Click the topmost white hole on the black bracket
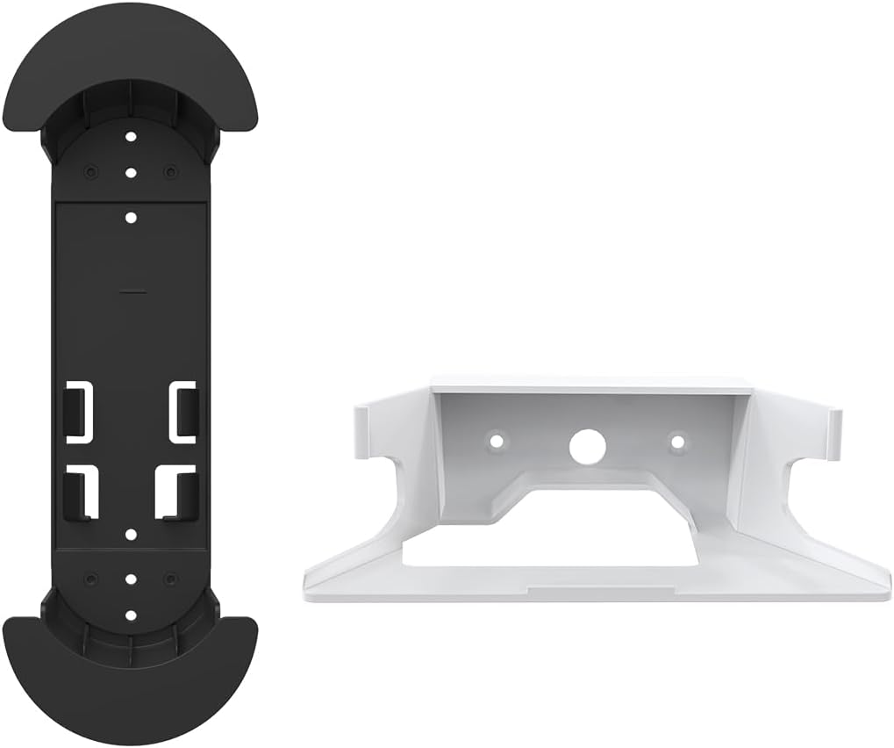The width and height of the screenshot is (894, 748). click(130, 138)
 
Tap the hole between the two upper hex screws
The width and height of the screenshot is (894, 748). click(130, 172)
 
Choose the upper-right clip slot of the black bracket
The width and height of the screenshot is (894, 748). click(182, 410)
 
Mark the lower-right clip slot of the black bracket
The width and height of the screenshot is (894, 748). click(175, 493)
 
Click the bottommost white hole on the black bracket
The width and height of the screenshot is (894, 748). click(130, 615)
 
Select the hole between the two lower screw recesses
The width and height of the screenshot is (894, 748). click(130, 579)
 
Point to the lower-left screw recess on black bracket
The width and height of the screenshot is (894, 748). click(89, 579)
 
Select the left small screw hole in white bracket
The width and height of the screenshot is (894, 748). click(497, 438)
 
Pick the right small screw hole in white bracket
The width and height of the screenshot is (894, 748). click(676, 439)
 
